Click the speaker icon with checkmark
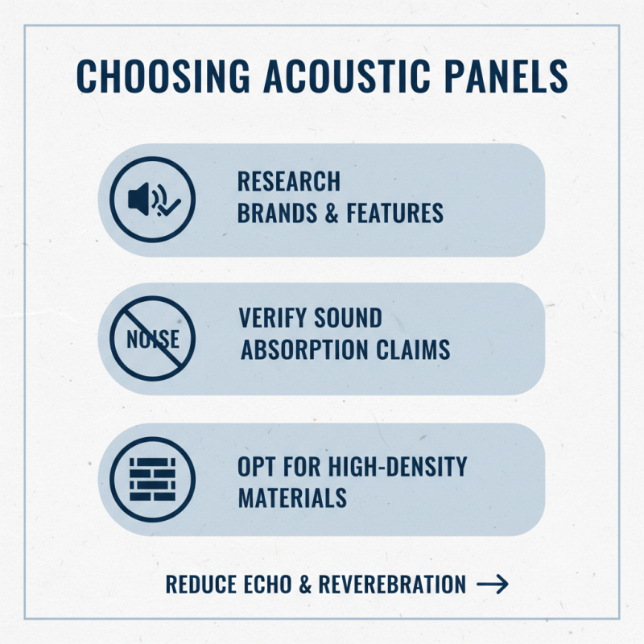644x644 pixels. (152, 200)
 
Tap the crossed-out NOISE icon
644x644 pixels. (152, 339)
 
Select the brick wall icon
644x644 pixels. (152, 480)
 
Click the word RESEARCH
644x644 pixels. (289, 182)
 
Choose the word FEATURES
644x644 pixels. (394, 213)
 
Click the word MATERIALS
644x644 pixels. (291, 497)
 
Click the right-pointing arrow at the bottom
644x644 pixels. (492, 585)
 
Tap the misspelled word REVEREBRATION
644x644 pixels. (392, 585)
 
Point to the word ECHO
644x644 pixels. (265, 585)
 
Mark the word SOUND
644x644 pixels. (347, 319)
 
